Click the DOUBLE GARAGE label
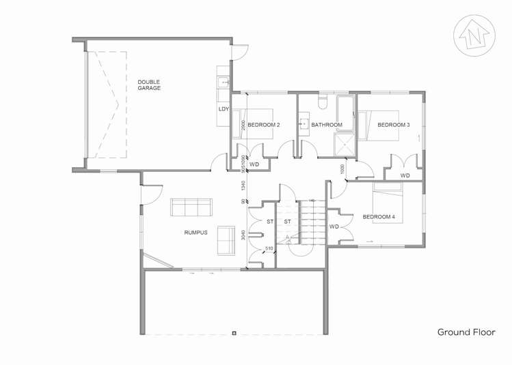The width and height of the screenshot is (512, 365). point(148,85)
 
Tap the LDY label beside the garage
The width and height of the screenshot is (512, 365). point(223,108)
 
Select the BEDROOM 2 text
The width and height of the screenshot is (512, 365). point(263,125)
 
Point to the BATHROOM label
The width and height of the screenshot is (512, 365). point(326,125)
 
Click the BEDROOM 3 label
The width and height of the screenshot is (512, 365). point(393,125)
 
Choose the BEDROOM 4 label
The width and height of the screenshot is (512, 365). point(379,217)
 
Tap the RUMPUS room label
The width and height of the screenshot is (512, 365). point(196,232)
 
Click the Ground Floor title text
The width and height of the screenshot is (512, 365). point(466,332)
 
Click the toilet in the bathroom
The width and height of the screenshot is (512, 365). point(324,102)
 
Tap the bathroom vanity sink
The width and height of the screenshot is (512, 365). point(303,125)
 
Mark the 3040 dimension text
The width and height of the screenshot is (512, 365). point(243,235)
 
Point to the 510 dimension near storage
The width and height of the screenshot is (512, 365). point(269,248)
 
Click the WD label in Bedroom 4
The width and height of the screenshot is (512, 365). point(334,227)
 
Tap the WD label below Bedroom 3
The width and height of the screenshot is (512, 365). point(405,175)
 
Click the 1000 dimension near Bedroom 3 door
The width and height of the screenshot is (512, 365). point(341,169)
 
